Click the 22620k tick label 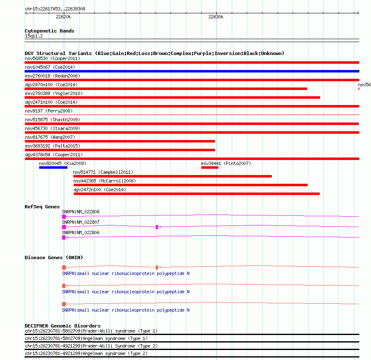coord(63,17)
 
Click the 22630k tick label coord(216,17)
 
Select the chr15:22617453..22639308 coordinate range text coord(55,9)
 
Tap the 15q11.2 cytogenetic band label coord(34,36)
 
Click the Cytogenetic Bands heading coord(49,31)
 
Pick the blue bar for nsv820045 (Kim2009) coord(53,167)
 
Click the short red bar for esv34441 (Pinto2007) coord(210,167)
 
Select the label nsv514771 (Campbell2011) coord(103,172)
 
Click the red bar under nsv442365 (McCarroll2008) coord(190,185)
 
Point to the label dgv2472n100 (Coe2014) coord(99,190)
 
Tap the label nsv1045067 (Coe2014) coord(50,67)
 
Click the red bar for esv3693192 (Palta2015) coord(120,150)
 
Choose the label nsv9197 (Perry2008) coord(48,111)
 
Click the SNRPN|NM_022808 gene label coord(80,212)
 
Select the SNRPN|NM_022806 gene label coord(80,232)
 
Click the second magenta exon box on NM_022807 coord(157,227)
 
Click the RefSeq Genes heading coord(42,207)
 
